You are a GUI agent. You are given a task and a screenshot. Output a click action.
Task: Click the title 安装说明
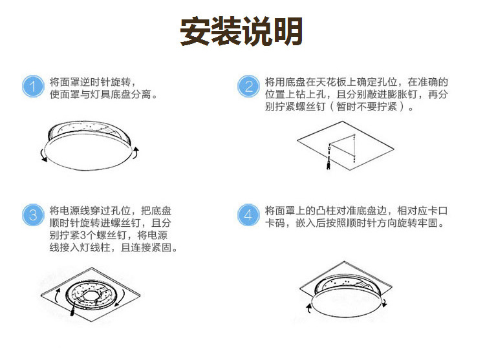coord(241,31)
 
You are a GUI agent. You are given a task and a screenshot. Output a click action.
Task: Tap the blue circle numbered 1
coord(33,86)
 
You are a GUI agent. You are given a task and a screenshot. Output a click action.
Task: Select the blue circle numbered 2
coord(248,86)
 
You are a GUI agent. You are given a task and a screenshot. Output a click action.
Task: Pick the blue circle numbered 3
coord(33,215)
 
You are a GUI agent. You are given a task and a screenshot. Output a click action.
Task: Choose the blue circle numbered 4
coord(248,215)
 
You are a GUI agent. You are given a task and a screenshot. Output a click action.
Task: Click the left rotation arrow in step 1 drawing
coord(43,155)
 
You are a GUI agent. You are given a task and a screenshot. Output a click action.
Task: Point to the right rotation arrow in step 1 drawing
coord(136,153)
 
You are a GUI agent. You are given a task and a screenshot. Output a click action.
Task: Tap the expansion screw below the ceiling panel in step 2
coord(329,162)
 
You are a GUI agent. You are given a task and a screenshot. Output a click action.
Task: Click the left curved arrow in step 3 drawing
coord(56,296)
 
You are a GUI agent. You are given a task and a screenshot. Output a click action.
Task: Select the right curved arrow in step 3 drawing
coord(121,298)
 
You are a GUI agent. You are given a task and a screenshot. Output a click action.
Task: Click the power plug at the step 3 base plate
coord(73,310)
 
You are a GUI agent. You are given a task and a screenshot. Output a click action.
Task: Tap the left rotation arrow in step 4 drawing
coord(308,308)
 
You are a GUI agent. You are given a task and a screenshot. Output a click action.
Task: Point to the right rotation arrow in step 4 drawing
coord(385,303)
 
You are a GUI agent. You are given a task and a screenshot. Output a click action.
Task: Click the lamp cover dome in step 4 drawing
coord(348,303)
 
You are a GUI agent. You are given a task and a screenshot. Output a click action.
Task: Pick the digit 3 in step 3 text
coord(83,235)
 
